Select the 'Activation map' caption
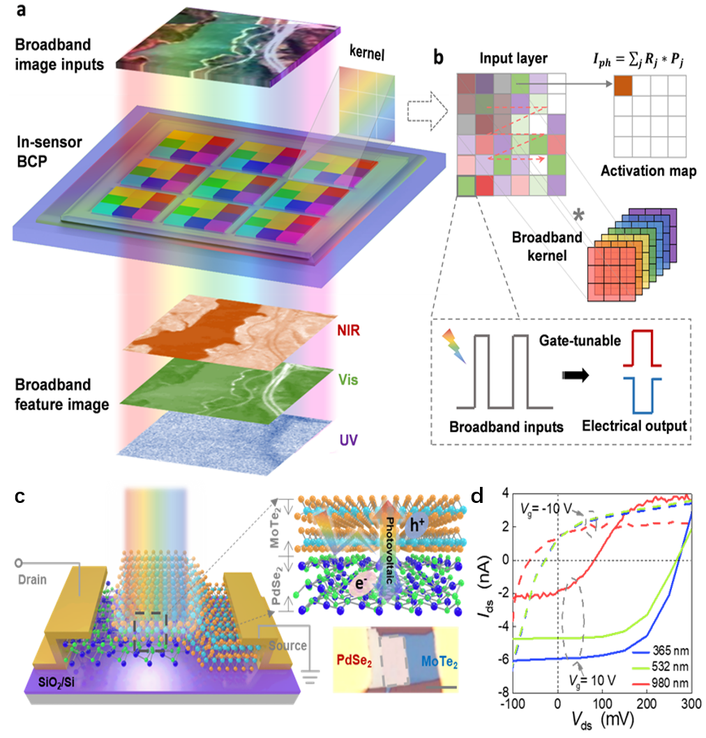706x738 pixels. (648, 171)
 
